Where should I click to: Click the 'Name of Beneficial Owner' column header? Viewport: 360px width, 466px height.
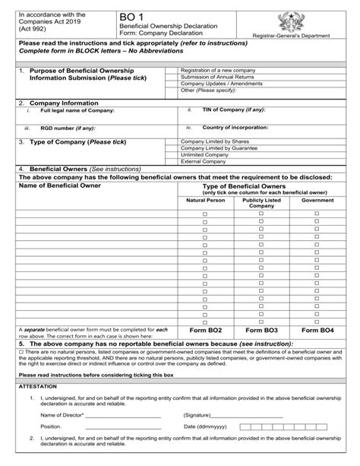[x=59, y=185]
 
